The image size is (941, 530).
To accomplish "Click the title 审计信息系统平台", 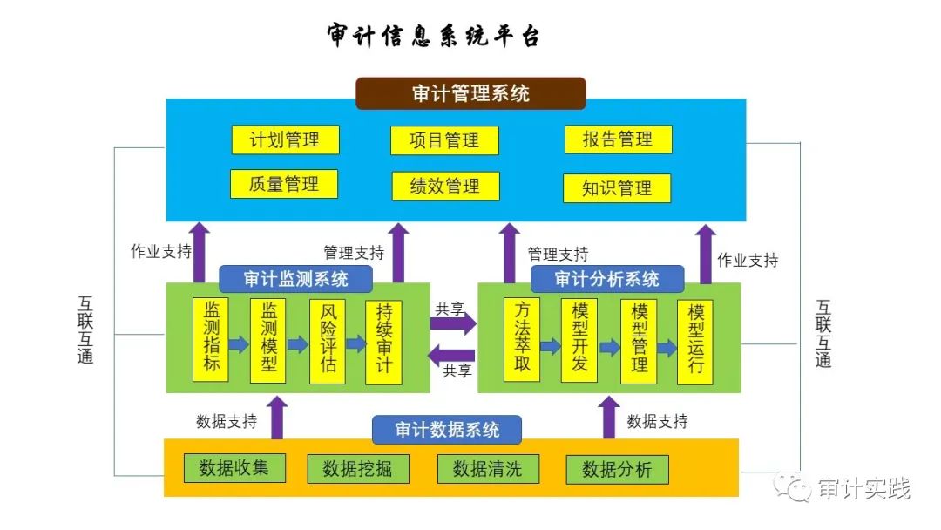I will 434,37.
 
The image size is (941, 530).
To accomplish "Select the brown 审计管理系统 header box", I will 470,93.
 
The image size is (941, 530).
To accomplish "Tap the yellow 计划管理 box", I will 285,139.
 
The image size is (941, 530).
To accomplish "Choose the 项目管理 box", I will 444,140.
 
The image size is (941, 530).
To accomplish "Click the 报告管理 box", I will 618,139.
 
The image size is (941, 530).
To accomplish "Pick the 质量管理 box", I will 283,184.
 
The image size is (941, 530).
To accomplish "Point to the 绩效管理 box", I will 444,186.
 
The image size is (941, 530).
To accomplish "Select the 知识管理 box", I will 617,188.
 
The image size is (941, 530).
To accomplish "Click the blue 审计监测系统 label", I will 295,279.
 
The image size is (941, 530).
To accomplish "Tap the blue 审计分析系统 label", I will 607,279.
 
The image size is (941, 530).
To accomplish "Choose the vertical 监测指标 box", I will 211,339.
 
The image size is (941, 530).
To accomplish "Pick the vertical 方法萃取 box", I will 522,339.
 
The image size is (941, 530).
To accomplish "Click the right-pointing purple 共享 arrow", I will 453,324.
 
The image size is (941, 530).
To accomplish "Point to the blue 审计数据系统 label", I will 447,430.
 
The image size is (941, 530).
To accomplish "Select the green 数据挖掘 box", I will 357,469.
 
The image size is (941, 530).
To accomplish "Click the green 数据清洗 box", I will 488,468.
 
